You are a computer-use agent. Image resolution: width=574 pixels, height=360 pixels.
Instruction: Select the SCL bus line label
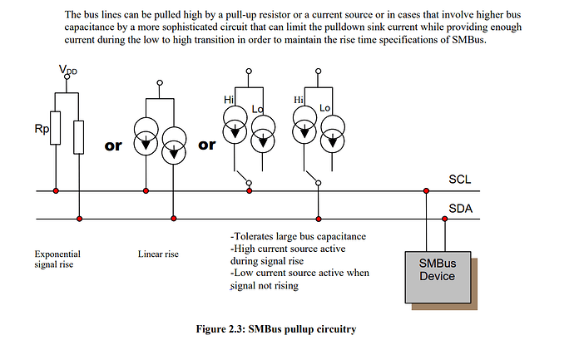(x=460, y=180)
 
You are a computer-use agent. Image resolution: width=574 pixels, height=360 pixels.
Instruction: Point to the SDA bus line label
(x=461, y=209)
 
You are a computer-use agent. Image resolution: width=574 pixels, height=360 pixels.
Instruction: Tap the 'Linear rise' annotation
(x=158, y=254)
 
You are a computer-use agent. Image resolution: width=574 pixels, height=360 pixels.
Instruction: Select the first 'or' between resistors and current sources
(x=112, y=145)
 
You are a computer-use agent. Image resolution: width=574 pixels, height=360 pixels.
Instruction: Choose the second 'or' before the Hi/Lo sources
(x=207, y=145)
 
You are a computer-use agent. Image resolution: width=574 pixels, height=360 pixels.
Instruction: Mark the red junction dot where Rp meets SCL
(x=56, y=191)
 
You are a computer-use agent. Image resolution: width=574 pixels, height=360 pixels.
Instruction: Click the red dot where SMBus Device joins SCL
(x=426, y=191)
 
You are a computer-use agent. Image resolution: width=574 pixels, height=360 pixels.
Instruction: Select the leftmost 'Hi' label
(x=229, y=100)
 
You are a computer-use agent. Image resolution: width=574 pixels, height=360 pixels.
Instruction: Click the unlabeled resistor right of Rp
(x=79, y=135)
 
